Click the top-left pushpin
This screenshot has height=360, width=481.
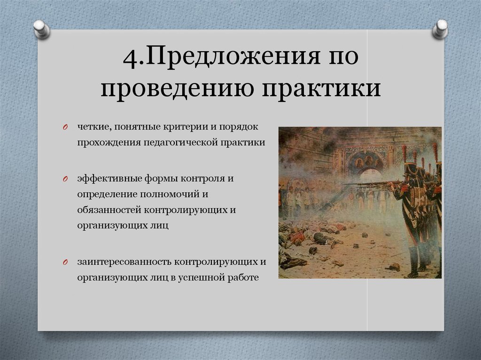coord(42,29)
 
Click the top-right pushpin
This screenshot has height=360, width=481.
coord(440,29)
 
